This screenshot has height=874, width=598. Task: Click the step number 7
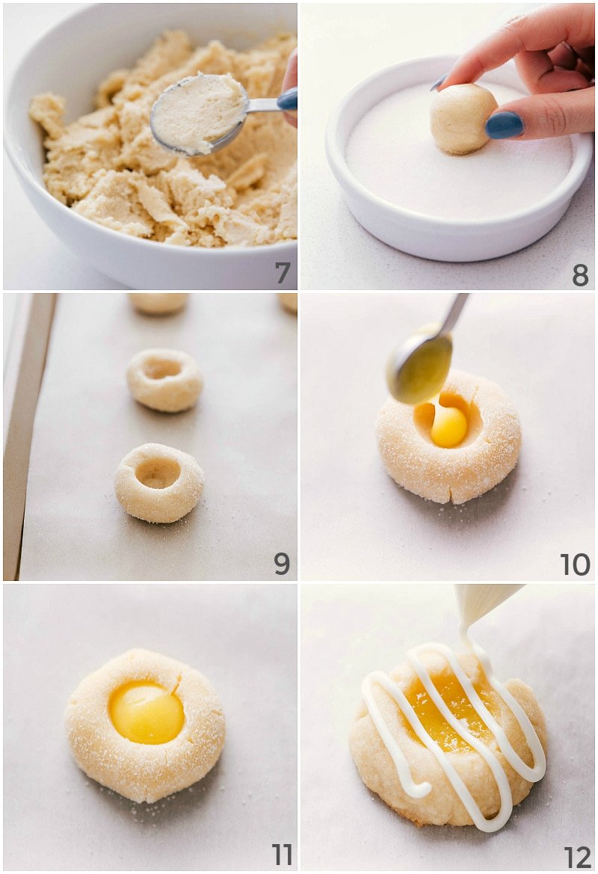coord(282,272)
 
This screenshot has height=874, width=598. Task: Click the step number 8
coord(580,274)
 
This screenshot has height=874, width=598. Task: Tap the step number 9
coord(281,562)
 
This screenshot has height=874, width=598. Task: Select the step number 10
coord(575,564)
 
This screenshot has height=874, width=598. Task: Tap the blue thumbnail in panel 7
coord(287,99)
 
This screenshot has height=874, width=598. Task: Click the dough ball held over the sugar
coord(463,118)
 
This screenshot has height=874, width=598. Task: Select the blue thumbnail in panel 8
coord(505,125)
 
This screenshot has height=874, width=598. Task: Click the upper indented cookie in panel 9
coord(164,379)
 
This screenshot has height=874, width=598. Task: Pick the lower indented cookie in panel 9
coord(158,482)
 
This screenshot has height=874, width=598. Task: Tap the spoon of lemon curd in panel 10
coord(420,366)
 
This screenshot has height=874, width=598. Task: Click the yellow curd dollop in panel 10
coord(449,426)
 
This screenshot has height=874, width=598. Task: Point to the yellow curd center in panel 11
coord(146,712)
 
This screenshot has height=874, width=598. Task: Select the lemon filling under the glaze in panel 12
coord(449,710)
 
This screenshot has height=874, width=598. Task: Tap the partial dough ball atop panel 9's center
coord(158,301)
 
